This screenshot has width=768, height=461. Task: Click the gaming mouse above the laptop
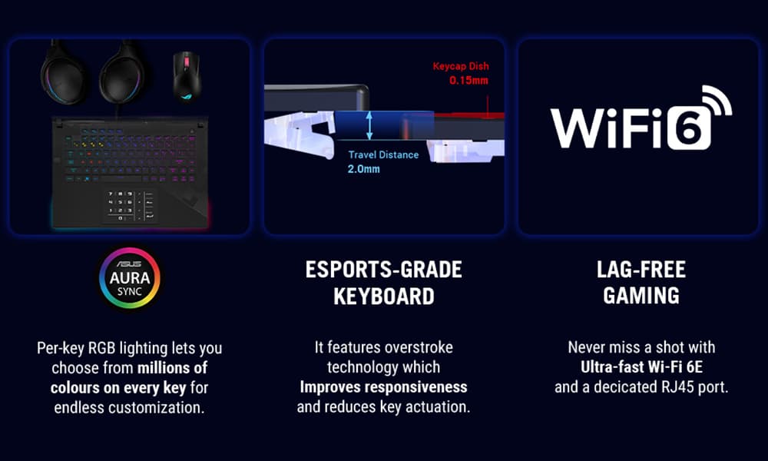tap(187, 77)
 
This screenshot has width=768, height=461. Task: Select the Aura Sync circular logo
tap(129, 278)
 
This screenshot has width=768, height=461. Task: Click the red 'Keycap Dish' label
tap(460, 66)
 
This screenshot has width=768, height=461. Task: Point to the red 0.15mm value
tap(468, 81)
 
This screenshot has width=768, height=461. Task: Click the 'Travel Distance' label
tap(383, 154)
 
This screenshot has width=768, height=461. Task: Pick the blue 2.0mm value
tap(363, 169)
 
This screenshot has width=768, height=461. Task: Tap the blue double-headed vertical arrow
tap(369, 125)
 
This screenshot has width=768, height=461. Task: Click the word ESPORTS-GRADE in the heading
tap(383, 270)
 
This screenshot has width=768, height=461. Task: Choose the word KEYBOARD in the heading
tap(383, 297)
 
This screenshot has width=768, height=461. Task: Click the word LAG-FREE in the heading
tap(641, 270)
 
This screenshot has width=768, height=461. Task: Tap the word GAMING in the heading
tap(641, 296)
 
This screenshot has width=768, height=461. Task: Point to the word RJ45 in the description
tap(677, 387)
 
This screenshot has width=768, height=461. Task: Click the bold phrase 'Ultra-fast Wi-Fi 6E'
tap(641, 367)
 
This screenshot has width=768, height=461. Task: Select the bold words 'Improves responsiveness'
tap(383, 387)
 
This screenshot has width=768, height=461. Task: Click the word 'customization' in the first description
tap(154, 407)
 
